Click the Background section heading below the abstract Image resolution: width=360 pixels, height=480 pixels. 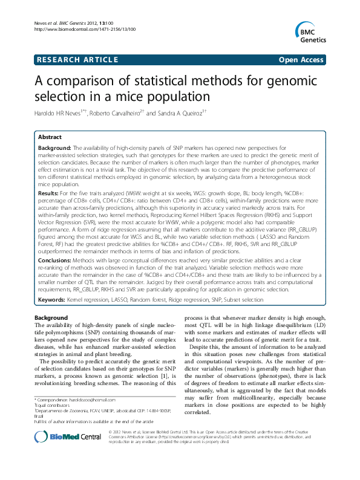tap(51, 317)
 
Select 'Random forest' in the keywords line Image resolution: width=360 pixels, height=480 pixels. tap(179, 299)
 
